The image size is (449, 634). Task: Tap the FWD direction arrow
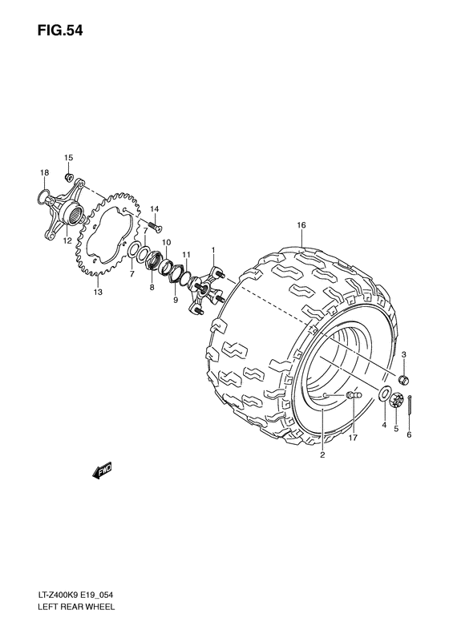[103, 471]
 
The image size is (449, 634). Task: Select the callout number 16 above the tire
[301, 225]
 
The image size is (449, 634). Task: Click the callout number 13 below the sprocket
[98, 293]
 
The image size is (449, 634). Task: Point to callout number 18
[45, 173]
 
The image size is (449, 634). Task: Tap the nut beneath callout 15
[69, 176]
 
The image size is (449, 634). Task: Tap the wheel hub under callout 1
[205, 289]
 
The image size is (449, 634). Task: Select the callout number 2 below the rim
[322, 456]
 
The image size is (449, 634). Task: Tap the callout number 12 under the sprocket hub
[67, 240]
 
